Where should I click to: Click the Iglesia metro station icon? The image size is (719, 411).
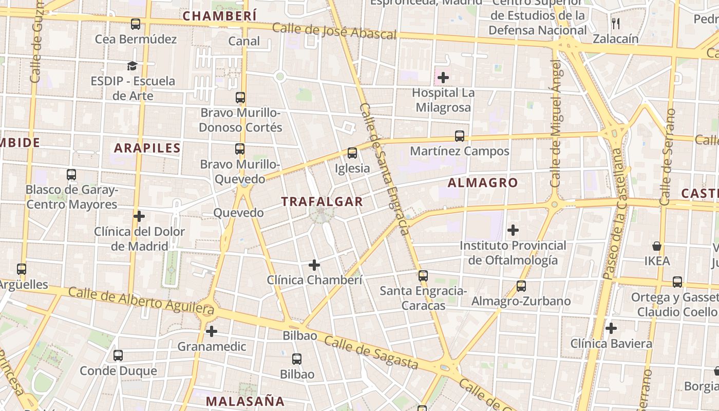click(x=352, y=153)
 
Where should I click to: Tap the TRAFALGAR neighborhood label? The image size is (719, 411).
click(x=322, y=202)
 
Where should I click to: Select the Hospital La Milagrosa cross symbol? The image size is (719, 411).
click(x=443, y=78)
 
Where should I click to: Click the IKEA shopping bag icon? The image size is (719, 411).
click(x=656, y=246)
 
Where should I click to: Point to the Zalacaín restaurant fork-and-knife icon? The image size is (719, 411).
click(x=616, y=24)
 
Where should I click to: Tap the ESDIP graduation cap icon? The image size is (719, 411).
click(x=133, y=66)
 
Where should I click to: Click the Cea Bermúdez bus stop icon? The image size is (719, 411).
click(x=136, y=24)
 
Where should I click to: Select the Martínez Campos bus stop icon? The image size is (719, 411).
click(x=460, y=136)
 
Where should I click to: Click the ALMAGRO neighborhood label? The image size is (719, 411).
click(x=483, y=183)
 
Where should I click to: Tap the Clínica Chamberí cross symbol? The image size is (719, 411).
click(x=314, y=265)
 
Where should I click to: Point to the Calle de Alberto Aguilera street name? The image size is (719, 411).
click(x=141, y=301)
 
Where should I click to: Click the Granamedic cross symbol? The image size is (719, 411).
click(x=212, y=331)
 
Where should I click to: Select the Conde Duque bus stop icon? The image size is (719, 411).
click(x=118, y=356)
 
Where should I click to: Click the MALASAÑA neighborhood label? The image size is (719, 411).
click(x=245, y=401)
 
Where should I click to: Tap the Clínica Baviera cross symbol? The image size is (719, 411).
click(x=611, y=328)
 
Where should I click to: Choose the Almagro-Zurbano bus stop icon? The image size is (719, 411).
click(x=521, y=286)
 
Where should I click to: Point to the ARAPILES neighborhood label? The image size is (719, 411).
click(x=147, y=148)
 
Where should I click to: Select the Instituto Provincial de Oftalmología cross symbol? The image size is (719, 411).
click(x=513, y=230)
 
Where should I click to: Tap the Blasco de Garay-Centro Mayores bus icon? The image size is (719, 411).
click(x=71, y=175)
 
